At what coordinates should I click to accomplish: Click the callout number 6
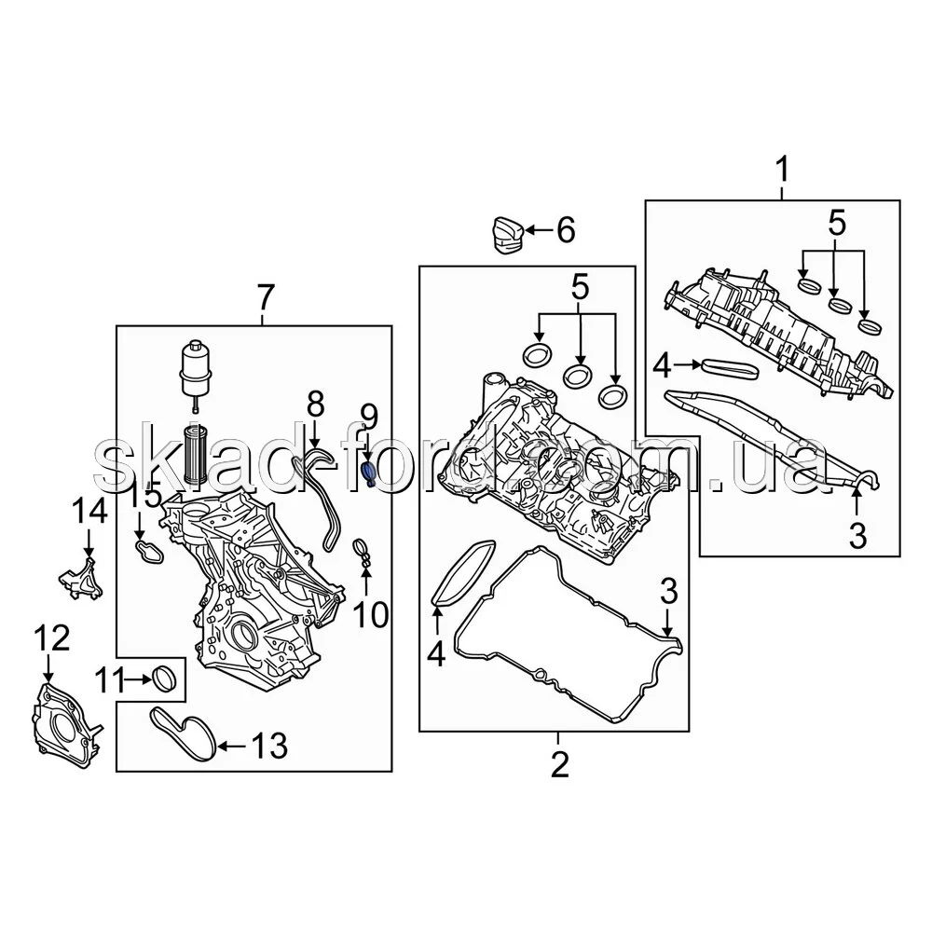point(565,229)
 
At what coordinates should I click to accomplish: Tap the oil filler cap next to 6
point(502,232)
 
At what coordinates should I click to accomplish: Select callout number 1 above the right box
point(783,171)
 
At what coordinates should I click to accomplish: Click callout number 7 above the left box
point(265,297)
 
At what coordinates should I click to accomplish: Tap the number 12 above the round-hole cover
point(51,638)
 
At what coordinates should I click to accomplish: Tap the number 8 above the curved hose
point(315,404)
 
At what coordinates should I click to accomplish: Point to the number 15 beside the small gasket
point(145,497)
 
